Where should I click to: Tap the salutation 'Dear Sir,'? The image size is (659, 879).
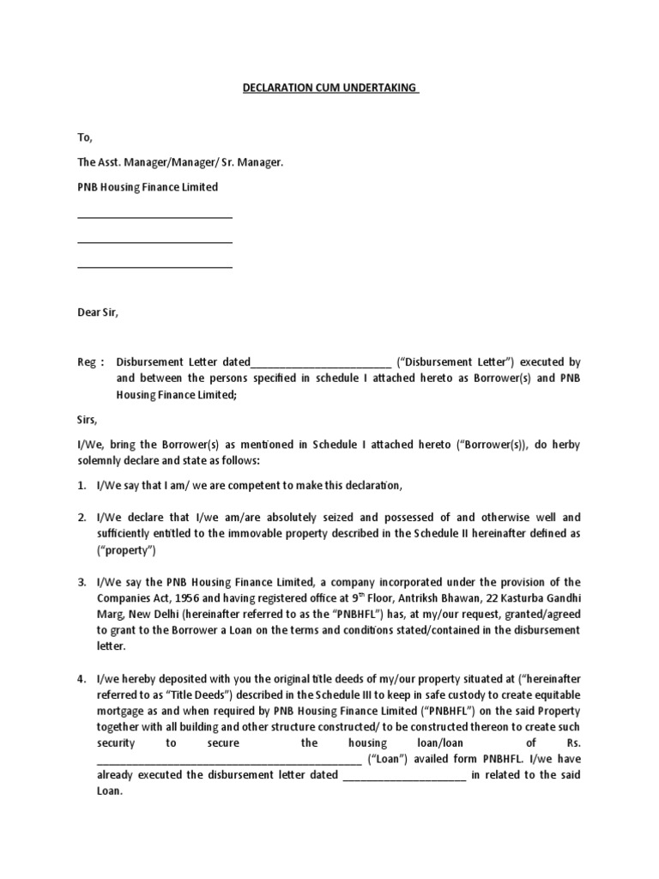98,312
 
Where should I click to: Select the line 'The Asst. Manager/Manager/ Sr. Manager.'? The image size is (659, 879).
179,161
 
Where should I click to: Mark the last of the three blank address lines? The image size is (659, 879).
154,267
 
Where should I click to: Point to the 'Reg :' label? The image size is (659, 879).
90,362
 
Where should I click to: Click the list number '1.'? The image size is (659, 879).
82,486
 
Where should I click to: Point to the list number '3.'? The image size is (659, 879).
82,582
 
